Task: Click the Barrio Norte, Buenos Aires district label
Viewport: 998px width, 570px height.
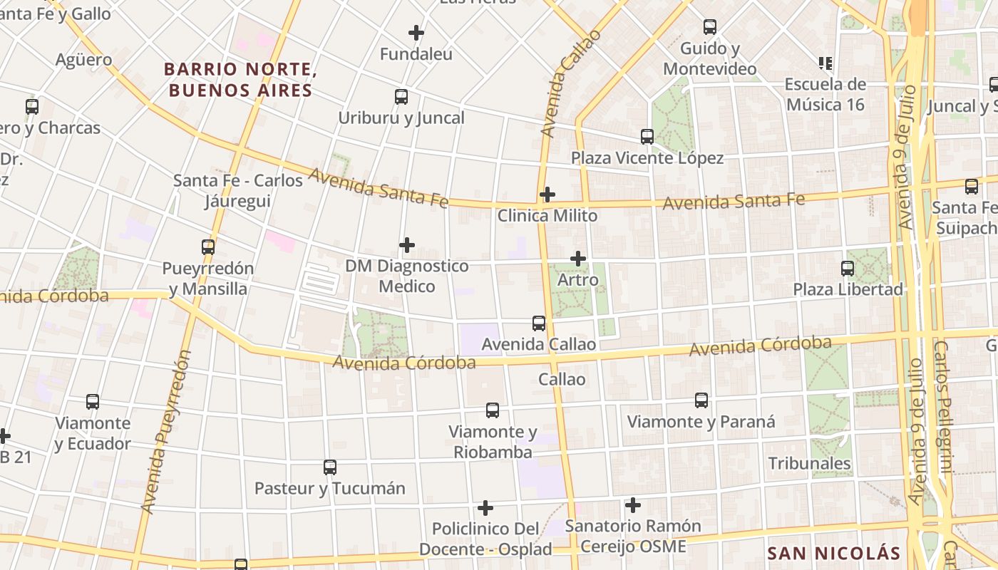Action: click(x=240, y=80)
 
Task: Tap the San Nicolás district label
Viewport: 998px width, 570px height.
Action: click(x=834, y=554)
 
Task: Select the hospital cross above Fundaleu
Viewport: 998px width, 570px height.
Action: click(x=416, y=33)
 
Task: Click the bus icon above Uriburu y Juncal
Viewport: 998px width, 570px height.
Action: click(x=401, y=97)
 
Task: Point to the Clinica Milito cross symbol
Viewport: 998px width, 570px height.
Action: click(x=547, y=194)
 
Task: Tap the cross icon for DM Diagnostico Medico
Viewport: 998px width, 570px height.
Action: click(x=407, y=245)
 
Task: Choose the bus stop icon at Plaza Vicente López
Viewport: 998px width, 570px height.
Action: click(x=647, y=137)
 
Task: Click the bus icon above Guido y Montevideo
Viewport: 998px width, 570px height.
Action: click(x=710, y=27)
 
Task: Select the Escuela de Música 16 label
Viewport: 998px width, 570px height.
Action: click(x=825, y=94)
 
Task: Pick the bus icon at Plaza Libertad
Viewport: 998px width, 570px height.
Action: click(x=848, y=269)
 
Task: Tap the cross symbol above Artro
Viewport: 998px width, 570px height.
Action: click(x=578, y=259)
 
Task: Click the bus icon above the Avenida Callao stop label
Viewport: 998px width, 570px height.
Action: click(x=539, y=323)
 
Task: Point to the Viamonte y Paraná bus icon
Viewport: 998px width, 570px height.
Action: click(x=701, y=400)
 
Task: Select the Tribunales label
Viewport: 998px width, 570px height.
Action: click(x=810, y=463)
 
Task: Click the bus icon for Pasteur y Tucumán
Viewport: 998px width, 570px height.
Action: click(x=330, y=467)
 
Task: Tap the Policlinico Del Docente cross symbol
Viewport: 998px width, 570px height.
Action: click(x=485, y=508)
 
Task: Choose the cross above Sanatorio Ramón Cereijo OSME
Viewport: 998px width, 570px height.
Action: click(x=632, y=506)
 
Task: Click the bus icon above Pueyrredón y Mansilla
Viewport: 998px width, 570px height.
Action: click(x=208, y=247)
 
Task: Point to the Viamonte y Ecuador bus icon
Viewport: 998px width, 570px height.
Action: click(x=93, y=402)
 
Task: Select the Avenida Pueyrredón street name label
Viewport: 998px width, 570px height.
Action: click(x=166, y=431)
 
